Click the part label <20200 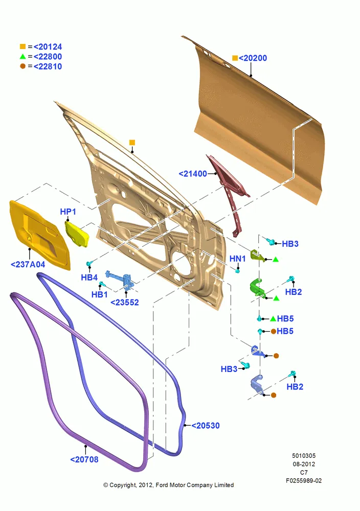(253, 58)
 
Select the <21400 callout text (193, 174)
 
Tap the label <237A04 (28, 264)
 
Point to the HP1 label (68, 212)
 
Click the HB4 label (89, 277)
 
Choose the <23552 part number (125, 303)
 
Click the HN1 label (237, 259)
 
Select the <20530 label (206, 426)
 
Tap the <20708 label (84, 459)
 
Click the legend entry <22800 (48, 56)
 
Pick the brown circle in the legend (22, 66)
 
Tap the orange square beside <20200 (235, 58)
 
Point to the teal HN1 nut (237, 270)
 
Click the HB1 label (99, 295)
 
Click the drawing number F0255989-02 (304, 481)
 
